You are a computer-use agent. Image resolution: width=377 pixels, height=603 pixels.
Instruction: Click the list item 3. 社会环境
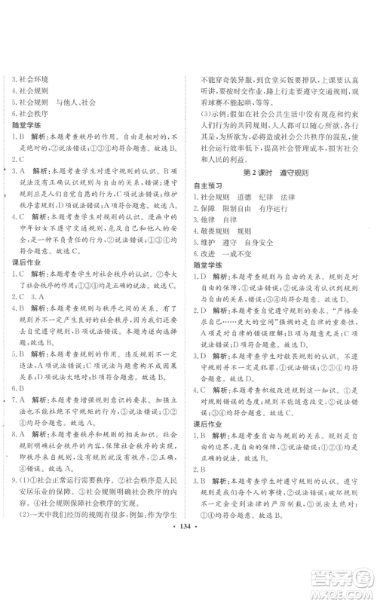tap(29, 78)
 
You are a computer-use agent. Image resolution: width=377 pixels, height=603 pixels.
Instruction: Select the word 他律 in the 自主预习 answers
tap(210, 220)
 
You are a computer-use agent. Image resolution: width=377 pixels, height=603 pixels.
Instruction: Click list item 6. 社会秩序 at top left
tap(29, 112)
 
